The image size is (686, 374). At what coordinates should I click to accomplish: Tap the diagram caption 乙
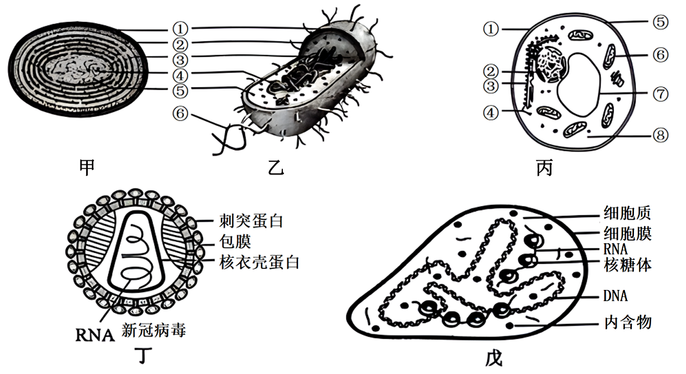pos(275,168)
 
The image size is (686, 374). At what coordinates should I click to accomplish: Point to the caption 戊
pos(494,358)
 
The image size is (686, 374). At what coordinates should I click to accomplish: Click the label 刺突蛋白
pos(251,221)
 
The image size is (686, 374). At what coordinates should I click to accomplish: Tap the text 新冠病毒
pos(153,330)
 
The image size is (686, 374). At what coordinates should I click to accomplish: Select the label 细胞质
pos(627,213)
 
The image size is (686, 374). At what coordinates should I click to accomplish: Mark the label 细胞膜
pos(627,232)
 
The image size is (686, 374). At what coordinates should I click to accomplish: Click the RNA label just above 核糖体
pos(616,249)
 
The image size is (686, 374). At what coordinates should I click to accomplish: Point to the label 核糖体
pos(627,265)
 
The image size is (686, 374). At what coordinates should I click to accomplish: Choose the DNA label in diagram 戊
pos(616,296)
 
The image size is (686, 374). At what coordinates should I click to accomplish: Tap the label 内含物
pos(627,321)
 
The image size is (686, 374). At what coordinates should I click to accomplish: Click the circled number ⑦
pos(661,95)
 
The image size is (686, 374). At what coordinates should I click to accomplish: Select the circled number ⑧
pos(661,136)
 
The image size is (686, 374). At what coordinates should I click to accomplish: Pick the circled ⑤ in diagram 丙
pos(661,22)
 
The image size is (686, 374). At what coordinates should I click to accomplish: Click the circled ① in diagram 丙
pos(491,29)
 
